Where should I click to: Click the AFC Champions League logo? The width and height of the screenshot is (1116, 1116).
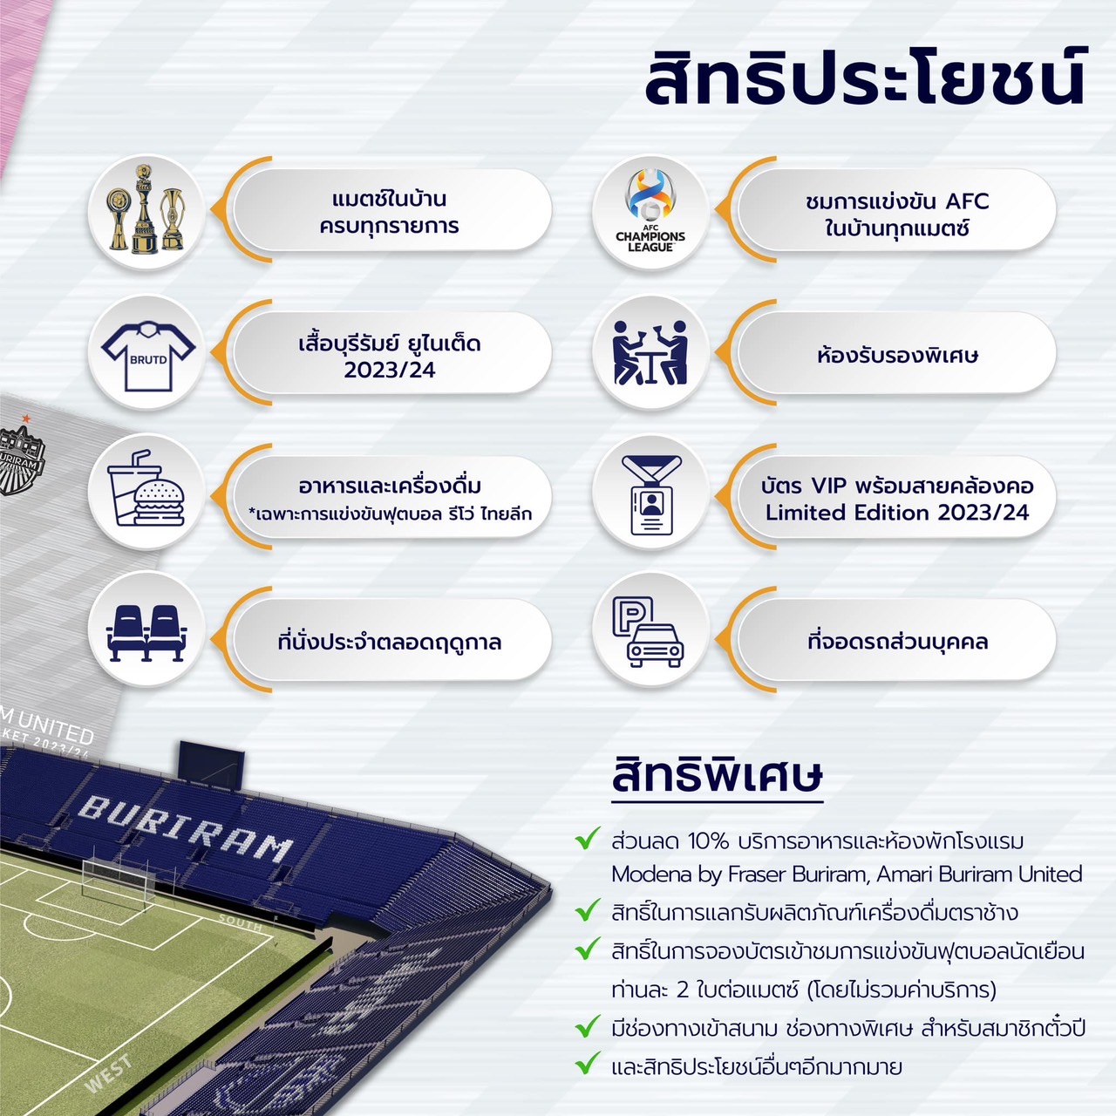(x=650, y=210)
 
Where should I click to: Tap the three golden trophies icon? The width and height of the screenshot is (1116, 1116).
(x=146, y=209)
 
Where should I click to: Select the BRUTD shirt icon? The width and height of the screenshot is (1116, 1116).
(x=148, y=355)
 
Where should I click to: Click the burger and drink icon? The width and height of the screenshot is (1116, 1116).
(x=146, y=487)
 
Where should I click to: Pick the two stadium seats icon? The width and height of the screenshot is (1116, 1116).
(x=146, y=632)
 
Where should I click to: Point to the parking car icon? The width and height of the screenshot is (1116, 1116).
(x=648, y=631)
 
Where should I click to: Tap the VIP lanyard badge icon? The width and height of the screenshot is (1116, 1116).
(x=651, y=494)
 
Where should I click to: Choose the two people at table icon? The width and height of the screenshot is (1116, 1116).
(x=650, y=352)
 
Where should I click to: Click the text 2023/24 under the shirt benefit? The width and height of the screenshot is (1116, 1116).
(x=389, y=370)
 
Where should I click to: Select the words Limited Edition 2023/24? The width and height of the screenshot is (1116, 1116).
(x=896, y=513)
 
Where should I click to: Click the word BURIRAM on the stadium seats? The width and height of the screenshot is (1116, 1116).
(x=186, y=828)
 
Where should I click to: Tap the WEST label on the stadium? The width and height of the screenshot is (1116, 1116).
(x=108, y=1073)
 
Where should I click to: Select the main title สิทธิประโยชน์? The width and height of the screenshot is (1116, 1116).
(x=865, y=78)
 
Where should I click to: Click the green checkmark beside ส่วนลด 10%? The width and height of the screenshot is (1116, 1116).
(x=588, y=838)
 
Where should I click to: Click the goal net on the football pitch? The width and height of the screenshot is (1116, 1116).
(x=119, y=881)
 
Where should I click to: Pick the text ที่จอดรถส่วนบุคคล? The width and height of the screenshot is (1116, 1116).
(x=897, y=642)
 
